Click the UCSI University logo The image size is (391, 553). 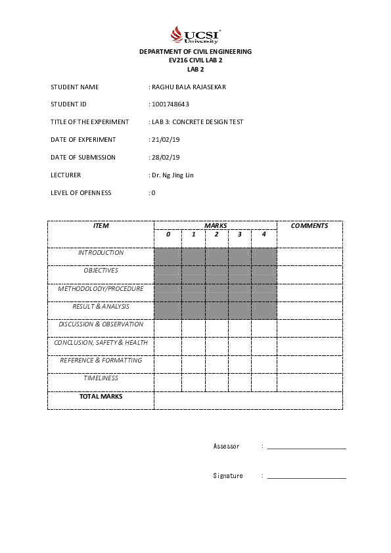click(x=195, y=35)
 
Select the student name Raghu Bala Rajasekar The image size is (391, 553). click(x=189, y=87)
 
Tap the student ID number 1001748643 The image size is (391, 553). click(x=171, y=104)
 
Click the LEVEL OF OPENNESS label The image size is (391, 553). click(x=81, y=193)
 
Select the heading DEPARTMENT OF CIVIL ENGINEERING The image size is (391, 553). click(x=195, y=52)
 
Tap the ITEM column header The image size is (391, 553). click(x=101, y=226)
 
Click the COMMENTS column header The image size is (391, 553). click(x=310, y=226)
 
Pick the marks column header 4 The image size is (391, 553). click(x=264, y=234)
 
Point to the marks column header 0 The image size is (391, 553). click(x=168, y=234)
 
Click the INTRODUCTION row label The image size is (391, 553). click(x=101, y=253)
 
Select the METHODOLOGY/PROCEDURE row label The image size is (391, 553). click(x=101, y=289)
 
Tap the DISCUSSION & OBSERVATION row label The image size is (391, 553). click(x=101, y=324)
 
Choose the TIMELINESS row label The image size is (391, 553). click(x=101, y=378)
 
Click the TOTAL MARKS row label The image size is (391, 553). click(x=101, y=397)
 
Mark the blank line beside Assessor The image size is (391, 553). click(x=306, y=447)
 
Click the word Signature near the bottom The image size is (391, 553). click(x=228, y=476)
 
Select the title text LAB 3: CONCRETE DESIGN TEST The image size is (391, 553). click(x=198, y=122)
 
